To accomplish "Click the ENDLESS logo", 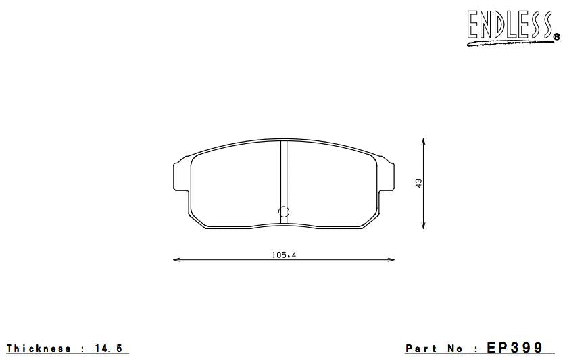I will pyautogui.click(x=508, y=25).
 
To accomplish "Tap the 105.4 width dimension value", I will pyautogui.click(x=284, y=255).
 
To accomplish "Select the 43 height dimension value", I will pyautogui.click(x=419, y=183).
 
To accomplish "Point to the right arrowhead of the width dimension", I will pyautogui.click(x=393, y=259).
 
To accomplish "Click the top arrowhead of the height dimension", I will pyautogui.click(x=423, y=140).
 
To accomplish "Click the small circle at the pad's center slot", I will pyautogui.click(x=284, y=211).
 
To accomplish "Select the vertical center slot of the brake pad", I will pyautogui.click(x=284, y=176).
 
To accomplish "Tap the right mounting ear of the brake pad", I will pyautogui.click(x=388, y=176).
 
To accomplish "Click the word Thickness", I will pyautogui.click(x=39, y=349).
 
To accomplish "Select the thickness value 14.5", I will pyautogui.click(x=110, y=349).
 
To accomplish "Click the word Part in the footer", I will pyautogui.click(x=422, y=349).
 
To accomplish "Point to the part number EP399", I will pyautogui.click(x=515, y=349).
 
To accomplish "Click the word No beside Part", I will pyautogui.click(x=456, y=349).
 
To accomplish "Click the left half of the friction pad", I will pyautogui.click(x=235, y=186).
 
